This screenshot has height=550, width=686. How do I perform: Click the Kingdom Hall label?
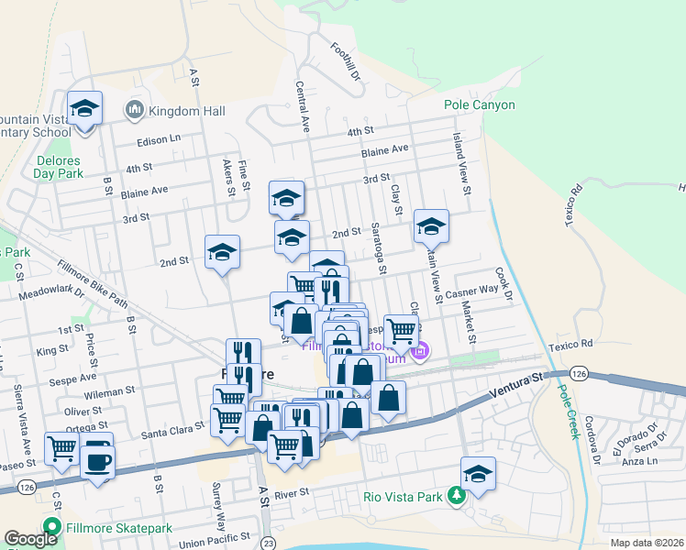coord(187,111)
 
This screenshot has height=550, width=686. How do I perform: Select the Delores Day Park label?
coord(59,166)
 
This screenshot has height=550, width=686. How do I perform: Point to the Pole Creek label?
coord(567,410)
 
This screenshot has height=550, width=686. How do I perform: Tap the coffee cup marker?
coord(97,461)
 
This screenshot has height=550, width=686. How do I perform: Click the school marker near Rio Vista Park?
coord(478,475)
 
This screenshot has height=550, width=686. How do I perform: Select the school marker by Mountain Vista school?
coord(85,111)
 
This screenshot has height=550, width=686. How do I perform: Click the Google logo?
coord(30,539)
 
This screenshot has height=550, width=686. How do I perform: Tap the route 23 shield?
coord(267,542)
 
